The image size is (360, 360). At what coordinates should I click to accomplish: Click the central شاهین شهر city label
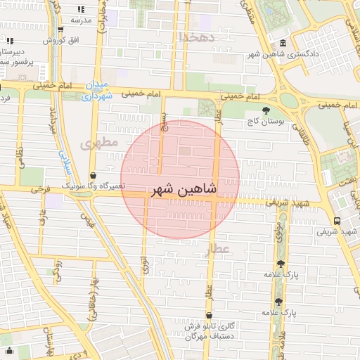[x=180, y=190]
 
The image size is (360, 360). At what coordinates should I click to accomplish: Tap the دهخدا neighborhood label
[x=195, y=36]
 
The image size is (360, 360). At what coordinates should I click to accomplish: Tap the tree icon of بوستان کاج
[x=265, y=110]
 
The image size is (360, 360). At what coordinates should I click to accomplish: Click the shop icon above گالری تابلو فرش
[x=208, y=316]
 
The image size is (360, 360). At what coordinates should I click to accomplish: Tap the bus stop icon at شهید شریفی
[x=338, y=219]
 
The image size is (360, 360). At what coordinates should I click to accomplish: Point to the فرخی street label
[x=42, y=190]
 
